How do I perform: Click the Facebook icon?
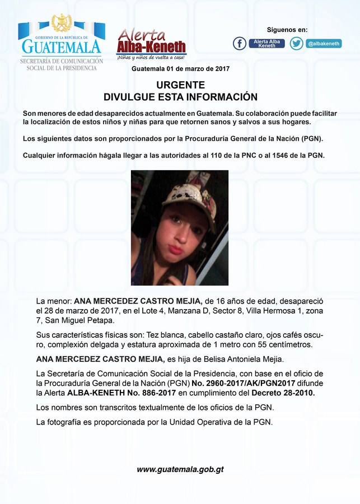[240, 43]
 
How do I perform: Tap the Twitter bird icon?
[297, 43]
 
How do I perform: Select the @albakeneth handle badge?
[323, 43]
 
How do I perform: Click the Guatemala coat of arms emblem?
[62, 24]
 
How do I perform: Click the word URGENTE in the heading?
[180, 85]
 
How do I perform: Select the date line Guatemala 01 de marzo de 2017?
[180, 68]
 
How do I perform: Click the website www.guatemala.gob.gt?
[180, 469]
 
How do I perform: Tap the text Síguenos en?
[287, 30]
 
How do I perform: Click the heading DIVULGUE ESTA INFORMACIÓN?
[180, 97]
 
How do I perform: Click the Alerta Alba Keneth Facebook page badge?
[267, 43]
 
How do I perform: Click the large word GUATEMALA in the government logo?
[61, 46]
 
